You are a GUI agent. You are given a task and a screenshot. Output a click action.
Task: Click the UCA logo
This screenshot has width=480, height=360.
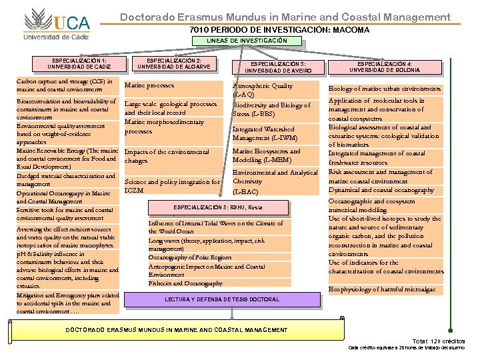pos(56,23)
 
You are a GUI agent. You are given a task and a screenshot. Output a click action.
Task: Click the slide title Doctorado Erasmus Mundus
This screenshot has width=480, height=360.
pos(285,17)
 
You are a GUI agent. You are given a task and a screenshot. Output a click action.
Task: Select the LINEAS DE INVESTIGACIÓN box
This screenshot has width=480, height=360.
pos(247,41)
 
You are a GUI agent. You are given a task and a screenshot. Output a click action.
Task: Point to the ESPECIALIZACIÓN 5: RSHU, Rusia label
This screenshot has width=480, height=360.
pos(223,207)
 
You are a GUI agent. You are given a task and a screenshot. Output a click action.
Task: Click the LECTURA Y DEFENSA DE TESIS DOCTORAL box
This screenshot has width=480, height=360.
pos(222,299)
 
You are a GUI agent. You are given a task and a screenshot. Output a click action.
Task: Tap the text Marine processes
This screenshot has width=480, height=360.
pos(149,85)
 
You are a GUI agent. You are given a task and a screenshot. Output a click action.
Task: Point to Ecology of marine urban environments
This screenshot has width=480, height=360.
pos(385,89)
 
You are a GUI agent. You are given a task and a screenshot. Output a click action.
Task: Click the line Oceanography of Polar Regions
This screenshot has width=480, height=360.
pos(190,257)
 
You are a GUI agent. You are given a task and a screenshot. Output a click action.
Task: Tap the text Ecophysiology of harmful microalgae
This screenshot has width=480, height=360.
pos(382,289)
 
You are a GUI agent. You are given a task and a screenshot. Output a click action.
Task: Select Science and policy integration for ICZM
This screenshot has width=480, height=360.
pos(172,186)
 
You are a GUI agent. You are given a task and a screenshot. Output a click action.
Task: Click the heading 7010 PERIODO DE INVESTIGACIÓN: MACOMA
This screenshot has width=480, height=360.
pos(279,30)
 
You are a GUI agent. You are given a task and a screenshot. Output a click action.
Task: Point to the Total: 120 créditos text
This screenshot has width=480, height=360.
pos(439,341)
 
